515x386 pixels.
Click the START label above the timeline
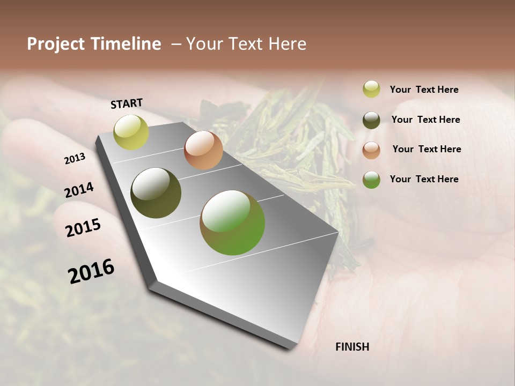pos(127,103)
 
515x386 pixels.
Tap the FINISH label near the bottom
pos(352,347)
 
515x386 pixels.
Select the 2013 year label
pos(75,159)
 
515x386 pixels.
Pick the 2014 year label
pos(79,190)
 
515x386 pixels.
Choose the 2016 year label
pos(91,271)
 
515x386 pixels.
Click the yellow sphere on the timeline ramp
pos(131,132)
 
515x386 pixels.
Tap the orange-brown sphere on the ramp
pos(203,150)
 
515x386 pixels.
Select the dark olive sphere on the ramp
pos(156,193)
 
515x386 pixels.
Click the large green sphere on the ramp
pos(232,222)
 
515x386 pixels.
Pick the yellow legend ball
pos(371,89)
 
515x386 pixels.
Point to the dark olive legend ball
pos(371,120)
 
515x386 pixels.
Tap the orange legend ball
pos(371,150)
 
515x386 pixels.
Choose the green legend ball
pos(371,180)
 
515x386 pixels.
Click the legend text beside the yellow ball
pos(424,90)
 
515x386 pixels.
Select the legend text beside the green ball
pos(424,179)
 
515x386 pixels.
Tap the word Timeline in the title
pos(126,44)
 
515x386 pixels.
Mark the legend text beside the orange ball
pos(426,149)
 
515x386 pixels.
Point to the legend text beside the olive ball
pos(425,120)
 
